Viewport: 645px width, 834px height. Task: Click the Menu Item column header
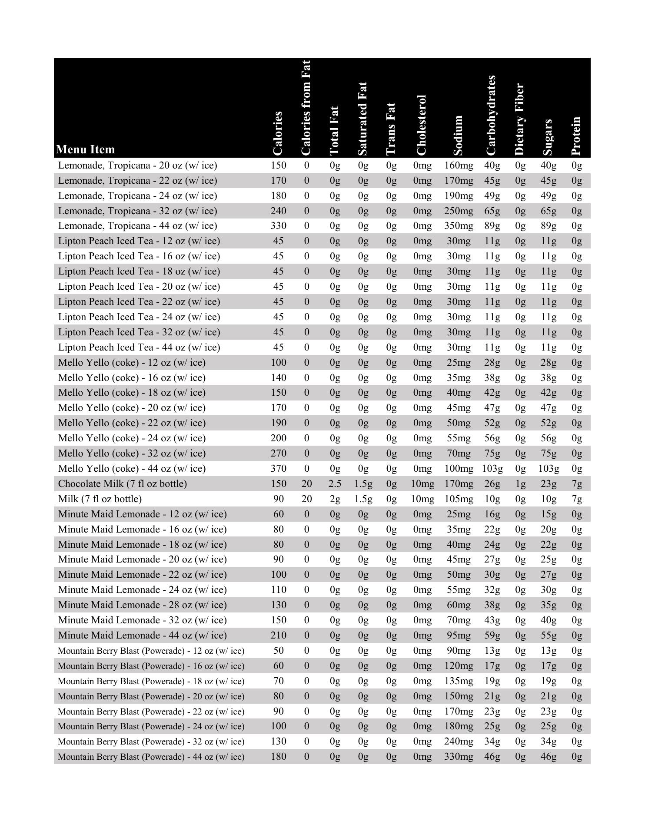86,149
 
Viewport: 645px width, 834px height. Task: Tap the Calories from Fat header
306,108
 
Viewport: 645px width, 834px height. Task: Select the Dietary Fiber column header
520,119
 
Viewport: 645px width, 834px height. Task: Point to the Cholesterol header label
421,125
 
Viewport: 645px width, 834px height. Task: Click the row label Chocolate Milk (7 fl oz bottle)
123,483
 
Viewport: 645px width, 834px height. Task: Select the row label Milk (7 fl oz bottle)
100,499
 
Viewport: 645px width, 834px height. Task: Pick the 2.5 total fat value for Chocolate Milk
335,483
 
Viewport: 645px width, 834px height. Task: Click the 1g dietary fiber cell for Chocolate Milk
520,483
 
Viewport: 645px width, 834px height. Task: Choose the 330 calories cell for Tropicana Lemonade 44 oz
278,226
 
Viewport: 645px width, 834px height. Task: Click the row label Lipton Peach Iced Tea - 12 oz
139,241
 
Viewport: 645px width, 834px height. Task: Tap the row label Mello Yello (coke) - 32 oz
132,453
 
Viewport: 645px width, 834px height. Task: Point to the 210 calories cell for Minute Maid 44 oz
278,635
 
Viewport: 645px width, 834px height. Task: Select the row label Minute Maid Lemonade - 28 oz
143,605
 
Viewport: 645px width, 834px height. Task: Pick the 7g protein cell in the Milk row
577,499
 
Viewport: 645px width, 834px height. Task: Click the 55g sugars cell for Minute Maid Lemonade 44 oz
549,635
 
